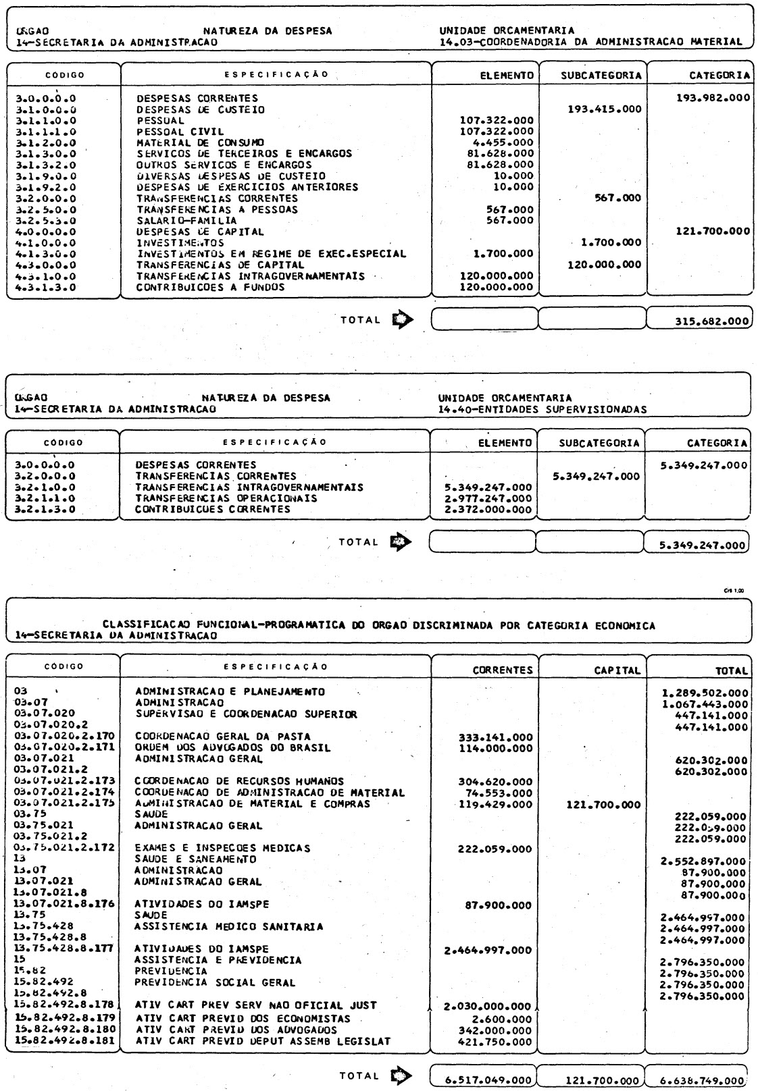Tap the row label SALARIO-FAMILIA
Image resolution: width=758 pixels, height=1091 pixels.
(186, 221)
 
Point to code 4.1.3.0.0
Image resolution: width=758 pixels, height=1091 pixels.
(45, 254)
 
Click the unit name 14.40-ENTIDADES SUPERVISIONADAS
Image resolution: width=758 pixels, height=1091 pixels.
(542, 408)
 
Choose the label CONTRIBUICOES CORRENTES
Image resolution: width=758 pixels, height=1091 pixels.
(213, 509)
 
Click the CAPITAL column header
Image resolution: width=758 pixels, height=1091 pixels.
(617, 670)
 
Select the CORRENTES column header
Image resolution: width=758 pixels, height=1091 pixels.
(502, 670)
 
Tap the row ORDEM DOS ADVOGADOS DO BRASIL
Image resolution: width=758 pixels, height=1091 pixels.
(233, 747)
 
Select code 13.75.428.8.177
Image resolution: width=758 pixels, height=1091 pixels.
(64, 949)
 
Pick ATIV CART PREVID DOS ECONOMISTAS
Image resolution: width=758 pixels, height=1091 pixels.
(243, 1017)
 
